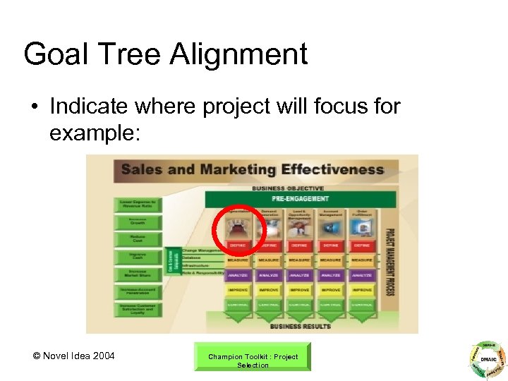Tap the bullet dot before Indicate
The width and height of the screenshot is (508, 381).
[34, 107]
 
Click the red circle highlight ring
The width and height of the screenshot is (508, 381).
[241, 210]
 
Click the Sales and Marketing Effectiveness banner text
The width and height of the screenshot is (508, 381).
[253, 169]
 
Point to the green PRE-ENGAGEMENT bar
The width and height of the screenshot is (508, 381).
[301, 200]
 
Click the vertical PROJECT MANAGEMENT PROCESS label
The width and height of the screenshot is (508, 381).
[389, 261]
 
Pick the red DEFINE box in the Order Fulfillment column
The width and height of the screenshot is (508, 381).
[362, 245]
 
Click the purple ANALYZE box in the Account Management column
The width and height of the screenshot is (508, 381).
[331, 275]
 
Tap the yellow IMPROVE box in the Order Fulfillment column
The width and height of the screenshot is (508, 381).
[362, 289]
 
